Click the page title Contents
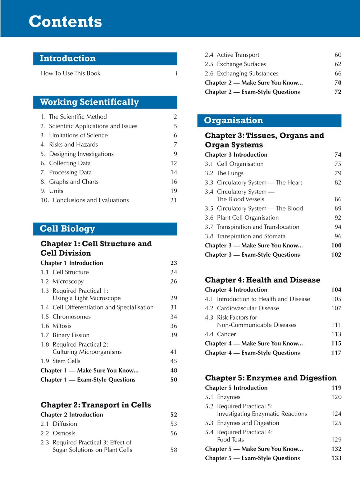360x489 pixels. (65, 21)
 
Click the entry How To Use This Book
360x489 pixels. (70, 73)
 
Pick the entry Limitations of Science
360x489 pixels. (78, 135)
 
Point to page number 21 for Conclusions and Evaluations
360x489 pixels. (173, 200)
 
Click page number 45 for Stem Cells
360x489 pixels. (173, 361)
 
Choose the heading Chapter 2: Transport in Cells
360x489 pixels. (96, 405)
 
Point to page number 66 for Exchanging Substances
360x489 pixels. (338, 73)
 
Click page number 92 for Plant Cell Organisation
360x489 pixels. (338, 218)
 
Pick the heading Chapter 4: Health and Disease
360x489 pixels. (263, 280)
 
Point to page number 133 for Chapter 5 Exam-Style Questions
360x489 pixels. (336, 458)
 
